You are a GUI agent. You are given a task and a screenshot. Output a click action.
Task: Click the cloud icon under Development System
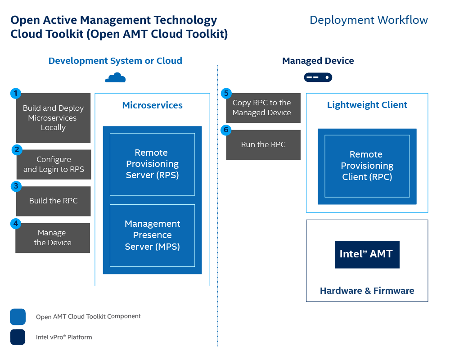coord(116,78)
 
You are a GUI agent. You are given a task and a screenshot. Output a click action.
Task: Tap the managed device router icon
coord(318,77)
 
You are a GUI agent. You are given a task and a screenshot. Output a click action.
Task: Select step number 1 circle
coord(16,93)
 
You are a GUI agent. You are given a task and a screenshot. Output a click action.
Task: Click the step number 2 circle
coord(17,150)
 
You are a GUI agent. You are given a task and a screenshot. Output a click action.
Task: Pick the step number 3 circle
coord(16,186)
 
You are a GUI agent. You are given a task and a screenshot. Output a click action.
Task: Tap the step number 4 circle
coord(16,223)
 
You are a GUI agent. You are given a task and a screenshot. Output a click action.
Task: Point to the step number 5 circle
coord(226,93)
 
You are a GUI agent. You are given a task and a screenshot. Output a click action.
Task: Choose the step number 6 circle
coord(226,130)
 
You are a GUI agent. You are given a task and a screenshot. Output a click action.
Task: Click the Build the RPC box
coord(54,201)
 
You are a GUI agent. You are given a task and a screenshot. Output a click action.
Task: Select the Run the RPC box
coord(263,145)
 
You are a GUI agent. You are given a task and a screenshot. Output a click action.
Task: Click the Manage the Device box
coord(53,238)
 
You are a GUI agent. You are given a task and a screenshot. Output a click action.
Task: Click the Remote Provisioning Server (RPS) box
coord(152,164)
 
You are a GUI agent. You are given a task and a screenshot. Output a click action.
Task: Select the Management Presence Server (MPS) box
coord(152,235)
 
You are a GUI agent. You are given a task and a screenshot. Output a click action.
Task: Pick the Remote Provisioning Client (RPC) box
coord(367,166)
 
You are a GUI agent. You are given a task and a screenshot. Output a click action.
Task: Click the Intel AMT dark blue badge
coord(367,254)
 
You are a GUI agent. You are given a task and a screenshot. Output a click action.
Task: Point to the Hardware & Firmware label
coord(367,291)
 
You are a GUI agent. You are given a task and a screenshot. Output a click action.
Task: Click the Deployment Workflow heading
coord(369,20)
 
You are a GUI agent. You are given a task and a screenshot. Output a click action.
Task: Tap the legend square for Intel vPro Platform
coord(18,337)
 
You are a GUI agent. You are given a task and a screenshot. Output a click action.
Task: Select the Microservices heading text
coord(152,105)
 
